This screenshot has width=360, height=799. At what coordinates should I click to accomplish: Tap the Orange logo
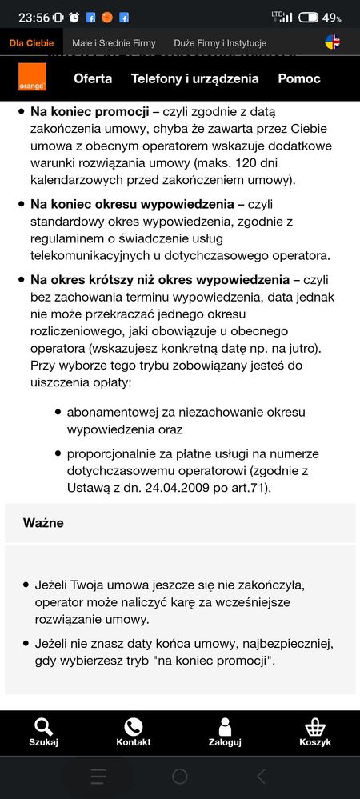33,78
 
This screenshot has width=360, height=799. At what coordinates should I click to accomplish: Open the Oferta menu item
93,78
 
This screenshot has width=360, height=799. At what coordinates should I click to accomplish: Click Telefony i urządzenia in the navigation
194,78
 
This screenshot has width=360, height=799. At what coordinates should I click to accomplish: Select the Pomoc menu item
299,78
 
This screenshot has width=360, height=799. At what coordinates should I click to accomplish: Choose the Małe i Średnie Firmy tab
114,42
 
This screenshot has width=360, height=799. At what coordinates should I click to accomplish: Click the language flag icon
333,42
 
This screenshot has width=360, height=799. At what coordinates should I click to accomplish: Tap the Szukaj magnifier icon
43,726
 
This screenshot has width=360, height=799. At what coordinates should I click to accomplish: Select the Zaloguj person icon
225,726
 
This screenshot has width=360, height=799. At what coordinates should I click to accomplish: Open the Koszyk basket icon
315,726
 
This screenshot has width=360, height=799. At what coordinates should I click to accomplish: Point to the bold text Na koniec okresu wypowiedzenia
132,204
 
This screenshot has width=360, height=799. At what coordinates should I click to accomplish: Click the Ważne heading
43,523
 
